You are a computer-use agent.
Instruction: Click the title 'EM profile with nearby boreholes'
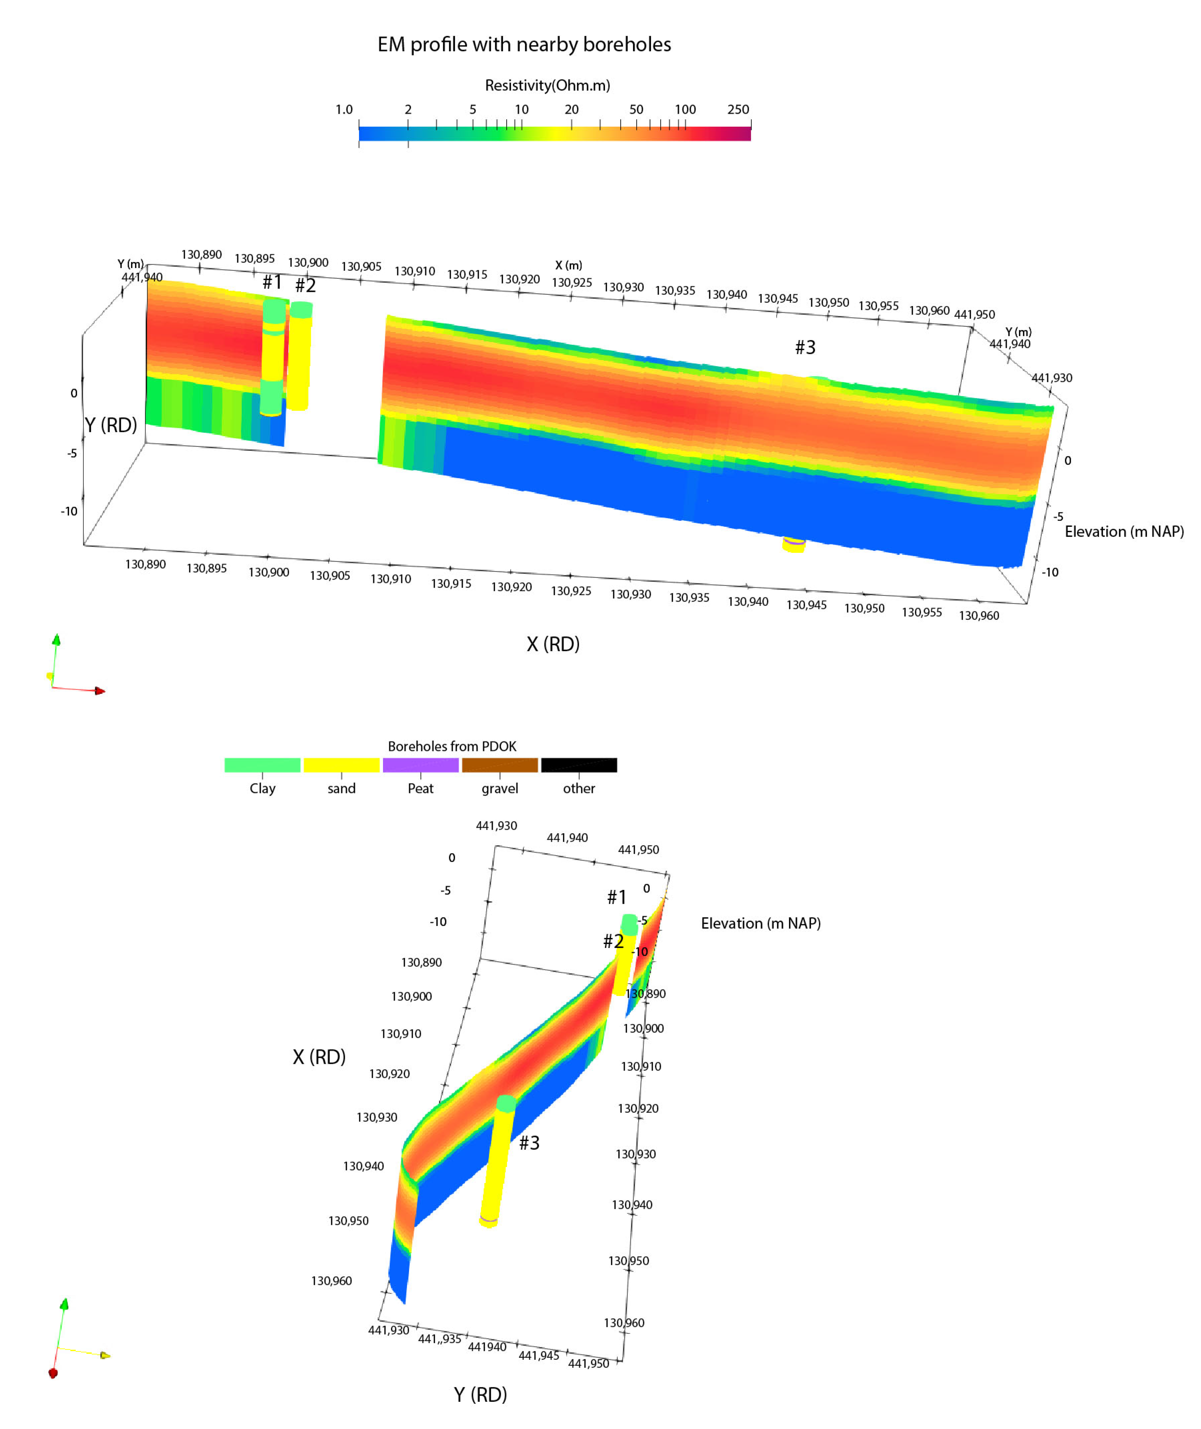(524, 44)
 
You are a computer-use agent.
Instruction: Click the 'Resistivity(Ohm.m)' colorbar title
(547, 85)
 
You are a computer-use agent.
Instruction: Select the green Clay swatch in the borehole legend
(262, 765)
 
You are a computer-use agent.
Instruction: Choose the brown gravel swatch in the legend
(500, 765)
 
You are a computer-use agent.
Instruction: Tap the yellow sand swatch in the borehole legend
(341, 765)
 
